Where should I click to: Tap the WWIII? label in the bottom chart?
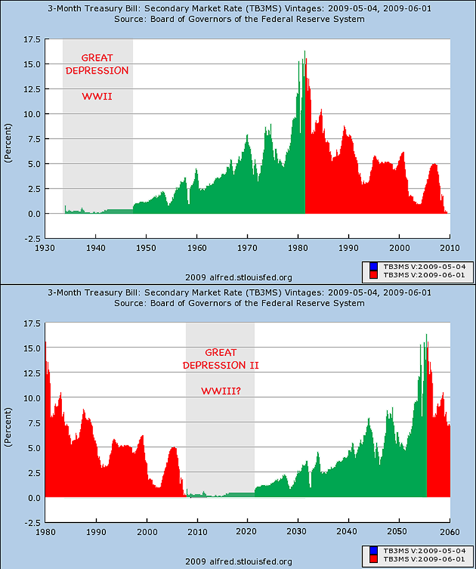click(x=221, y=391)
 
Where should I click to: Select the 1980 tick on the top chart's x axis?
click(x=299, y=248)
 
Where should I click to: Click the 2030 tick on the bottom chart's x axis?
click(x=299, y=532)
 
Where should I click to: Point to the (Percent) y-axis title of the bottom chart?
click(x=8, y=426)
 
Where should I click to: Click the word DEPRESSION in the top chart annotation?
click(x=98, y=70)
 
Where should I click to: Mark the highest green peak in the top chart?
click(x=305, y=52)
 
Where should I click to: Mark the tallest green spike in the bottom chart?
click(x=426, y=336)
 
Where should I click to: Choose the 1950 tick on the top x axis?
click(x=146, y=248)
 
